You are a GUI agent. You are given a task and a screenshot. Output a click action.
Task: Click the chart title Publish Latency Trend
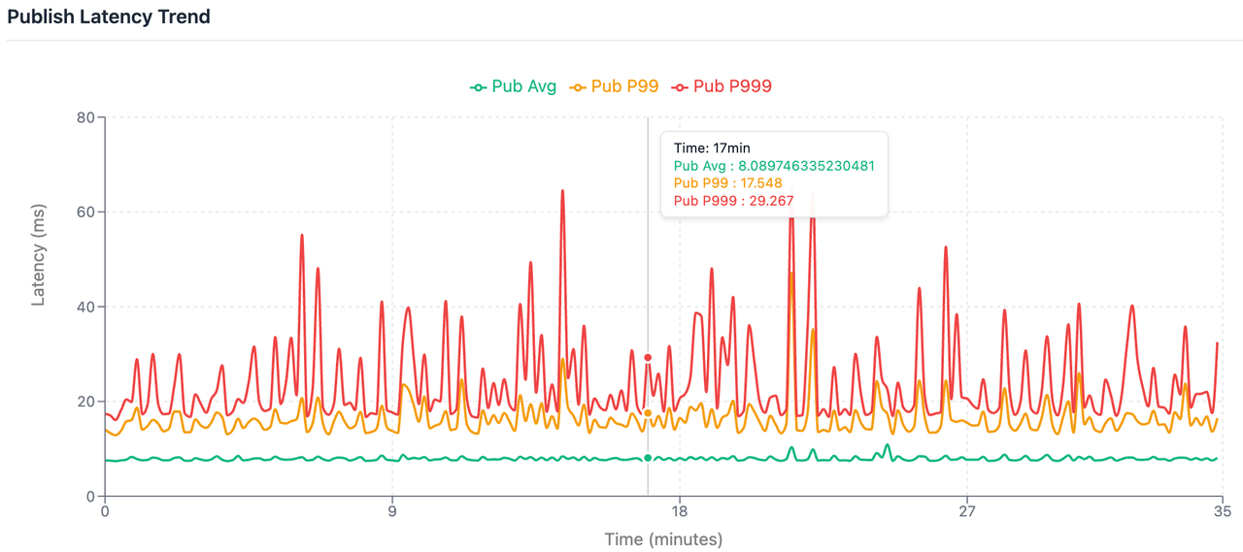click(109, 16)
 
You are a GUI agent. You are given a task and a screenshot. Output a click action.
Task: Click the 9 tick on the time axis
click(392, 511)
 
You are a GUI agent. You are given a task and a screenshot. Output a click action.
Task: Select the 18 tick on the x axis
click(680, 511)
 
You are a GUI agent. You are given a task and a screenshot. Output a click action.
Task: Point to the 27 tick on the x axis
click(967, 511)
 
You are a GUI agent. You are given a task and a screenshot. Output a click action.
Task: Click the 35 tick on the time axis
click(1223, 511)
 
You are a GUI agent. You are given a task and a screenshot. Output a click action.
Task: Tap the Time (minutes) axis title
click(663, 539)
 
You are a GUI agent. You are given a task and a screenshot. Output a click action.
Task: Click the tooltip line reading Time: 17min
click(712, 148)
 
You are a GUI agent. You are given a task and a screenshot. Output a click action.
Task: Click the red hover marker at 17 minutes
click(648, 357)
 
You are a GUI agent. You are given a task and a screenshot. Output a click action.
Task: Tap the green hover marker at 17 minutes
click(648, 458)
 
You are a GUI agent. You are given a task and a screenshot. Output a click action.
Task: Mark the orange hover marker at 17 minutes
click(648, 413)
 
